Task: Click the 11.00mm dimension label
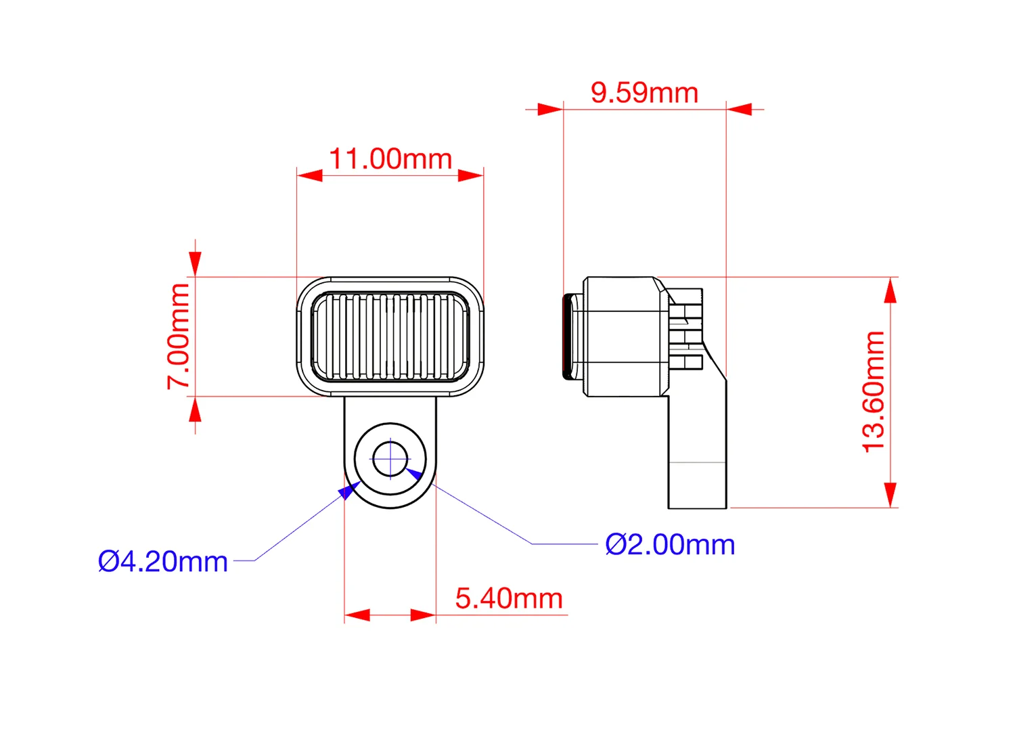coord(390,160)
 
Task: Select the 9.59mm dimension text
coord(644,93)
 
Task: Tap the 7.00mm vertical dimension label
coord(179,336)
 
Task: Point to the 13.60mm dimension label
coord(874,392)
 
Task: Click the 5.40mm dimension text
coord(509,599)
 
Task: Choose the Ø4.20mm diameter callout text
coord(163,562)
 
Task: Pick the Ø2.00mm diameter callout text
coord(670,545)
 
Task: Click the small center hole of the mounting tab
coord(390,459)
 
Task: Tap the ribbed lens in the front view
coord(390,336)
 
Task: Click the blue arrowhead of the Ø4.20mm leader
coord(348,490)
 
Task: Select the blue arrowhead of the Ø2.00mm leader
coord(414,473)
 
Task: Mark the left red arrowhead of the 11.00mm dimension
coord(310,176)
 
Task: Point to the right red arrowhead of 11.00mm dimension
coord(471,176)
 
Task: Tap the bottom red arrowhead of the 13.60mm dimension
coord(890,494)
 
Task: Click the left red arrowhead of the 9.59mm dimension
coord(549,109)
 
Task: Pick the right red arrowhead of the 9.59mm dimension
coord(740,109)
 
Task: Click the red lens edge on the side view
coord(566,336)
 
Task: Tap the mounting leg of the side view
coord(697,460)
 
